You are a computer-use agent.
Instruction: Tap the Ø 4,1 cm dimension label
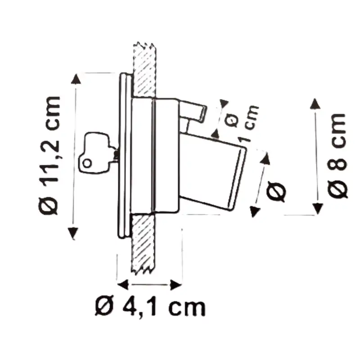(151, 308)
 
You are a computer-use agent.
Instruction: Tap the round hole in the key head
(87, 163)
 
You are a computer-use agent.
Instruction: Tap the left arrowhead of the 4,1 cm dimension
(121, 285)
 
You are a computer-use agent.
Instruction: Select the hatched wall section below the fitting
(143, 243)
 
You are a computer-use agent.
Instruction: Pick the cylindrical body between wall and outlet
(155, 155)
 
